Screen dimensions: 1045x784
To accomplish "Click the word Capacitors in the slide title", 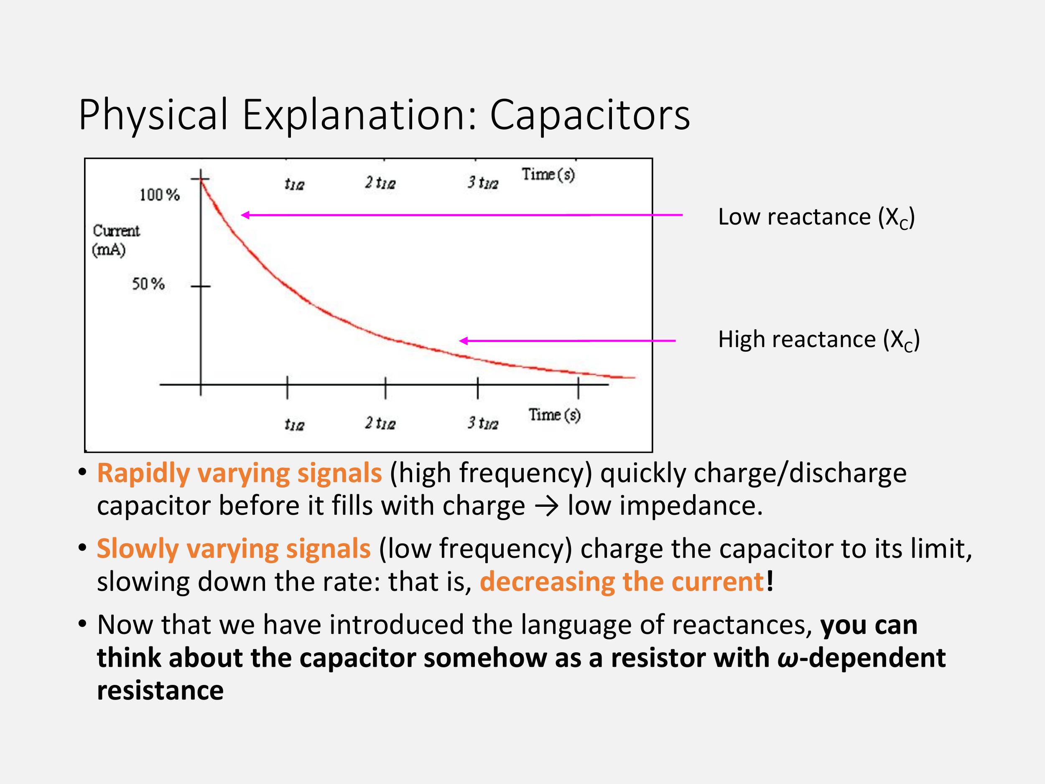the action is tap(590, 115).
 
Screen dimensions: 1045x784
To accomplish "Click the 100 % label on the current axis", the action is tap(160, 195).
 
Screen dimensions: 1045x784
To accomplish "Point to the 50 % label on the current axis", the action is tap(148, 284).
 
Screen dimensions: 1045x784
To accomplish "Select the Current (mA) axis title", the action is tap(116, 240).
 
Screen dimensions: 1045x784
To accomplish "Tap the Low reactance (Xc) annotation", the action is tap(816, 217).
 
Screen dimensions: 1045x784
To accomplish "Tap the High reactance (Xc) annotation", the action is tap(819, 340).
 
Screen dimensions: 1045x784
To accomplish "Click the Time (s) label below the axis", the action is tap(554, 415).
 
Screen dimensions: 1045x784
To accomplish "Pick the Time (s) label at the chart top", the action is tap(548, 174).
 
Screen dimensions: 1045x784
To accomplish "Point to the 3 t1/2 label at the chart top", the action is tap(483, 182).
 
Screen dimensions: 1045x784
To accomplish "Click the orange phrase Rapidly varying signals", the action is tap(240, 473).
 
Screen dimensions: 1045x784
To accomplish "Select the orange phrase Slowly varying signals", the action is tap(234, 549).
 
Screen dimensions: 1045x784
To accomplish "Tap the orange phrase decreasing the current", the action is tap(622, 582).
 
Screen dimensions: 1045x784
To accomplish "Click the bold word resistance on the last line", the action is tap(160, 691).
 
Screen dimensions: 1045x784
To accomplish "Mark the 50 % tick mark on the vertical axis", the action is tap(201, 286).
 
